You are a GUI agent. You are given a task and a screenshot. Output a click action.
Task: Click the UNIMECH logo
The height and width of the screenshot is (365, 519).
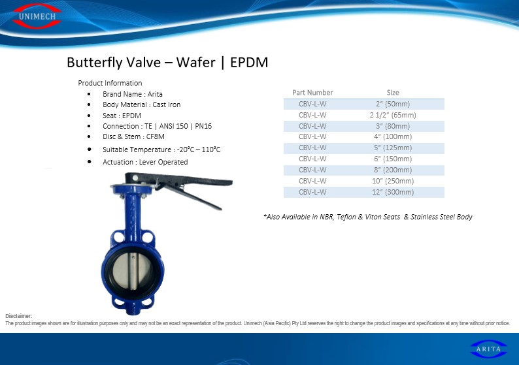[37, 16]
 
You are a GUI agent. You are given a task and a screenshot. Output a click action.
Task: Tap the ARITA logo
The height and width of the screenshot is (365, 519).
[488, 349]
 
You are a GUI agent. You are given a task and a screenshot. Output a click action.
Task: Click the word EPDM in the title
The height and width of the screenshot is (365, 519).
[249, 62]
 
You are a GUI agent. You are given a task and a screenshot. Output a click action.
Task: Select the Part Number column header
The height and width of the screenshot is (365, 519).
[312, 93]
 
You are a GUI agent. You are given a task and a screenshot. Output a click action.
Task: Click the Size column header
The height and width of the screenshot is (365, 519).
[393, 93]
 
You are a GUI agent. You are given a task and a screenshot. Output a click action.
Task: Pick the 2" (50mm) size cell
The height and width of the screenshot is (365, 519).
[393, 104]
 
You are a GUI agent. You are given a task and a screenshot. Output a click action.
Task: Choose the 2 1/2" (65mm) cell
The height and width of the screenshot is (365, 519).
[393, 115]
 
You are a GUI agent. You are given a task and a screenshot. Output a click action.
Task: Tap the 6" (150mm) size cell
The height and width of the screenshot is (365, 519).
[393, 159]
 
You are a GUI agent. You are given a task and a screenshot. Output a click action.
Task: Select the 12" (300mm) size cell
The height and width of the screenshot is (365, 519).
[393, 192]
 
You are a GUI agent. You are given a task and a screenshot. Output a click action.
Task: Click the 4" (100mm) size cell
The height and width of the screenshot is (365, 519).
[393, 136]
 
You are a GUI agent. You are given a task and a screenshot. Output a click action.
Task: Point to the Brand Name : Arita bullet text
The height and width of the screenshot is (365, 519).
[133, 94]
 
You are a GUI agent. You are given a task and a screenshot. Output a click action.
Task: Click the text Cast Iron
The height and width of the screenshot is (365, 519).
[167, 105]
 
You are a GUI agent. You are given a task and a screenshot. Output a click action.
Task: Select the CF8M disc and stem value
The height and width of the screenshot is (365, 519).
[155, 136]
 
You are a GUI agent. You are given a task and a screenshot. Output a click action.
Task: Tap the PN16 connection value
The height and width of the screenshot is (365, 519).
[203, 126]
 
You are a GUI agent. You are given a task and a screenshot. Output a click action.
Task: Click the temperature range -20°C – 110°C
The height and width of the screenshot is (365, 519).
[199, 150]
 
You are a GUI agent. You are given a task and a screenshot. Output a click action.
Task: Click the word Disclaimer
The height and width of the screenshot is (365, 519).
[18, 316]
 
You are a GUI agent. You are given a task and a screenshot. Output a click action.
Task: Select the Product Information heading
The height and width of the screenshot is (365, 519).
[110, 83]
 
